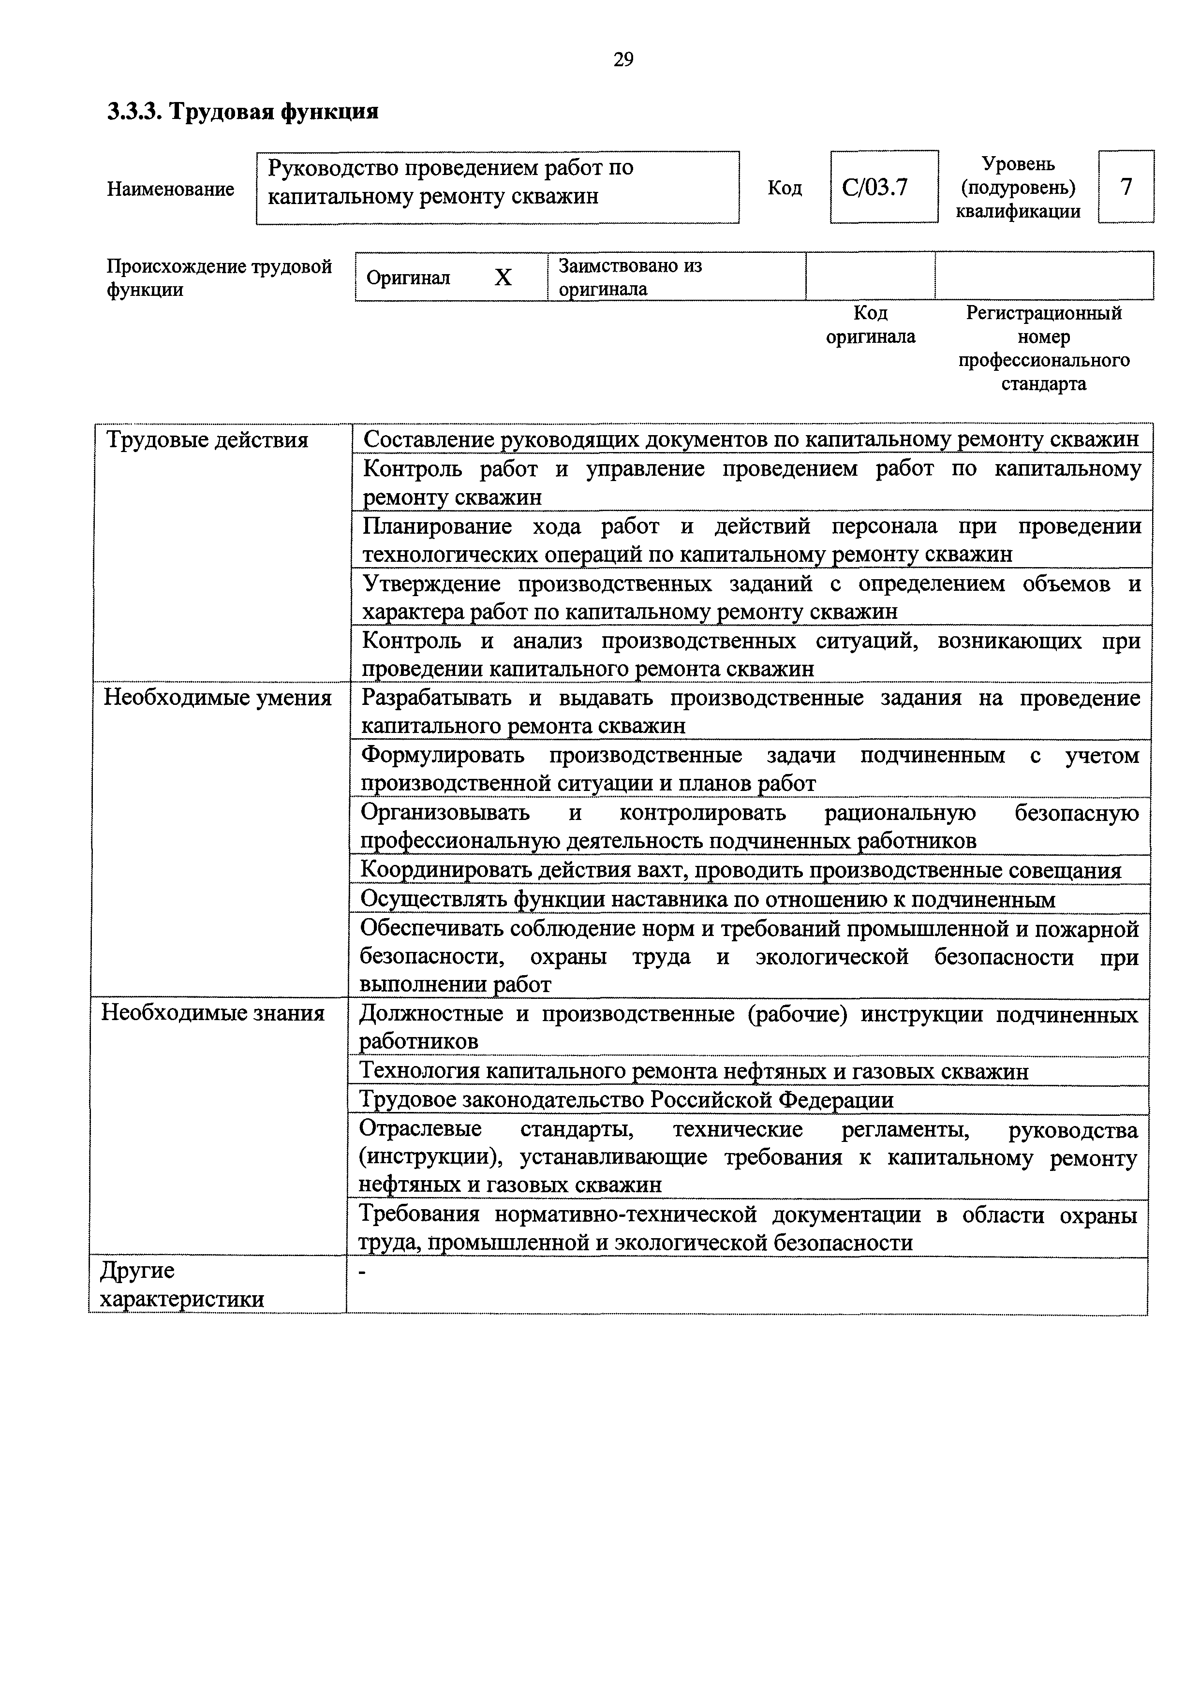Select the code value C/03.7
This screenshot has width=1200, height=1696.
(875, 188)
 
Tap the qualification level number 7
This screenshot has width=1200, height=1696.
(1126, 187)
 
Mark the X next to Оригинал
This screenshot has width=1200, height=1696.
(503, 277)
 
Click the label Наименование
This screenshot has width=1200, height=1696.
(171, 189)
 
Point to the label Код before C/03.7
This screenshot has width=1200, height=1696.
(784, 189)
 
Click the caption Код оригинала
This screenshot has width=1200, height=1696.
(871, 325)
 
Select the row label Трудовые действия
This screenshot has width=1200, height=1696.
(207, 440)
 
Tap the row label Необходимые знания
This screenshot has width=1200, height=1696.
(213, 1013)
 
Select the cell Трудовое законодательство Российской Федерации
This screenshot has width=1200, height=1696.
(626, 1100)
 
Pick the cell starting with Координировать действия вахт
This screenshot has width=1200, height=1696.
(740, 871)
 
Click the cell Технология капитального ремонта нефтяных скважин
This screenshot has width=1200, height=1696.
(693, 1071)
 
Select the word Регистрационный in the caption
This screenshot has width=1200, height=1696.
(1043, 313)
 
